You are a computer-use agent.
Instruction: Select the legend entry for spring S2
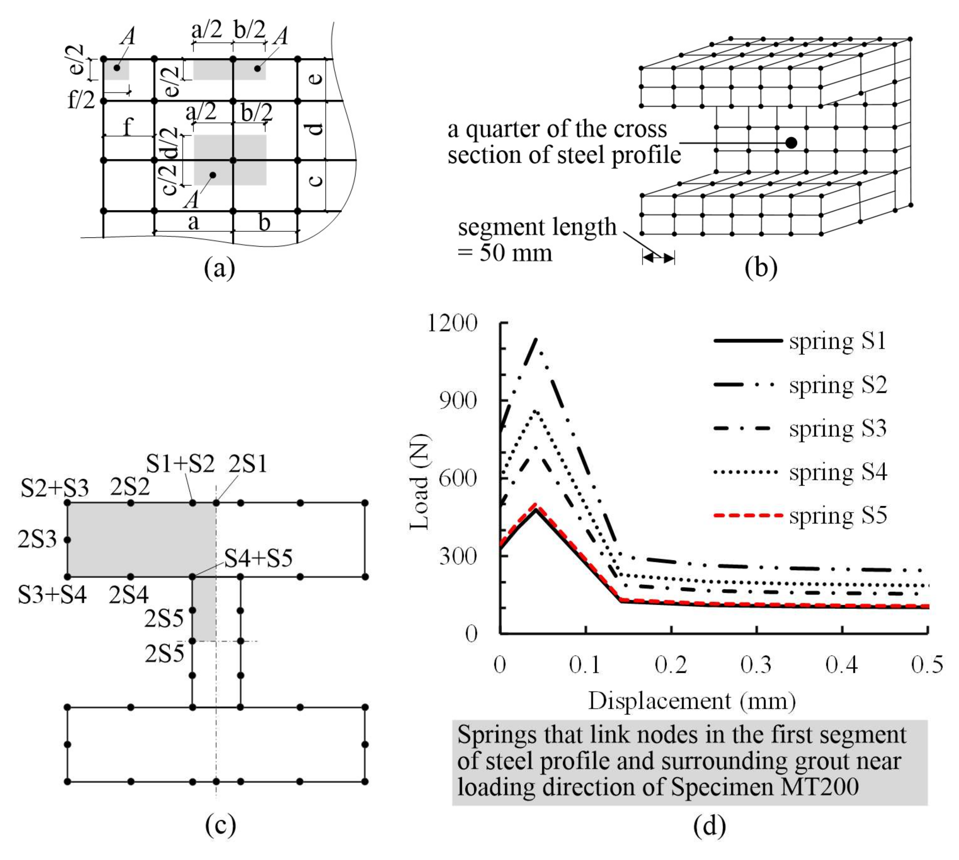tap(838, 385)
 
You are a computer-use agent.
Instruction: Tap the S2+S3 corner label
tap(55, 488)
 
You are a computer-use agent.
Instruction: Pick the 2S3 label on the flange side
tap(37, 539)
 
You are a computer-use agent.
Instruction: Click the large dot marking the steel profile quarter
tap(791, 142)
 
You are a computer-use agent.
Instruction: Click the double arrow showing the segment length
tap(658, 258)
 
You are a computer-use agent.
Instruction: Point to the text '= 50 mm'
tap(505, 253)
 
